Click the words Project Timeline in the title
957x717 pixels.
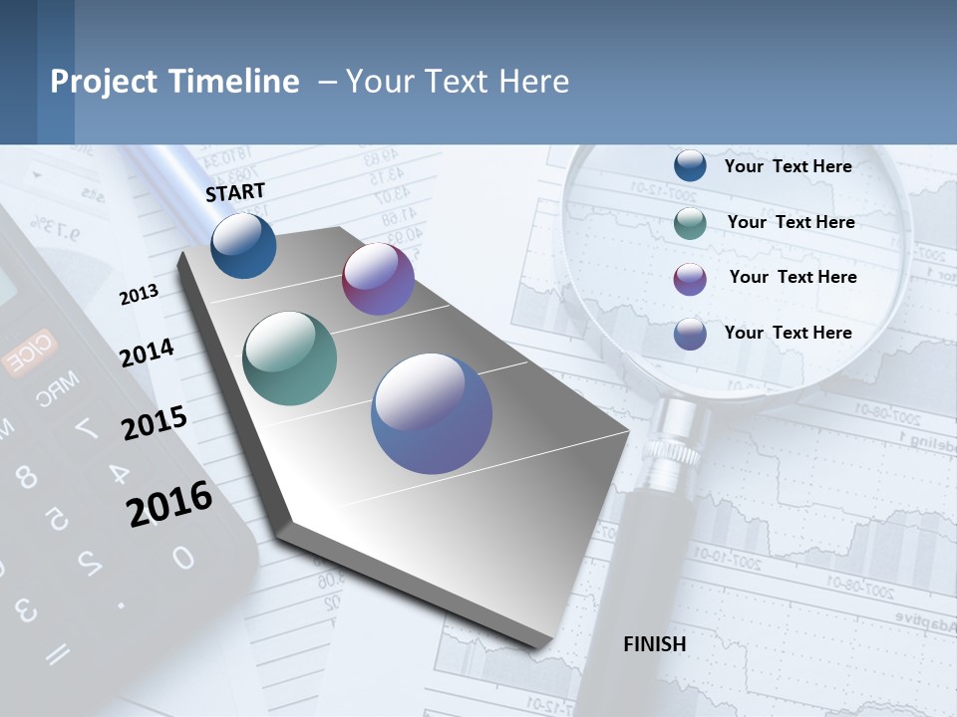(x=174, y=82)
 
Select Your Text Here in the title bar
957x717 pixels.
(x=458, y=82)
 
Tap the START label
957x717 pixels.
(x=235, y=192)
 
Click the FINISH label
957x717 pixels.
(x=654, y=644)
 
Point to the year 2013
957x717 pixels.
(x=139, y=294)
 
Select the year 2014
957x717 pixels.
(x=148, y=353)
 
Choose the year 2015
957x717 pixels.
(x=155, y=422)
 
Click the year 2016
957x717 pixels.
(x=169, y=504)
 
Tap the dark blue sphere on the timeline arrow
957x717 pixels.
(x=243, y=245)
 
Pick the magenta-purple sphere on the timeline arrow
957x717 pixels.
(x=378, y=279)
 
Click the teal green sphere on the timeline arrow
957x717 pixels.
(x=289, y=358)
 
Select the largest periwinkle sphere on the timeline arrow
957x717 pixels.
(x=432, y=412)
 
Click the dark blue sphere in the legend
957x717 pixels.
(x=690, y=165)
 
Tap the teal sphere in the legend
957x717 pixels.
(x=690, y=223)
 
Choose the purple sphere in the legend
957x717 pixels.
(x=690, y=279)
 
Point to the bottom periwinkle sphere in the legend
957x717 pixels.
(x=690, y=334)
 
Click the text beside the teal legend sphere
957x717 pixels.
(x=791, y=222)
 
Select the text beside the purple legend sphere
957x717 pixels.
(x=793, y=277)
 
